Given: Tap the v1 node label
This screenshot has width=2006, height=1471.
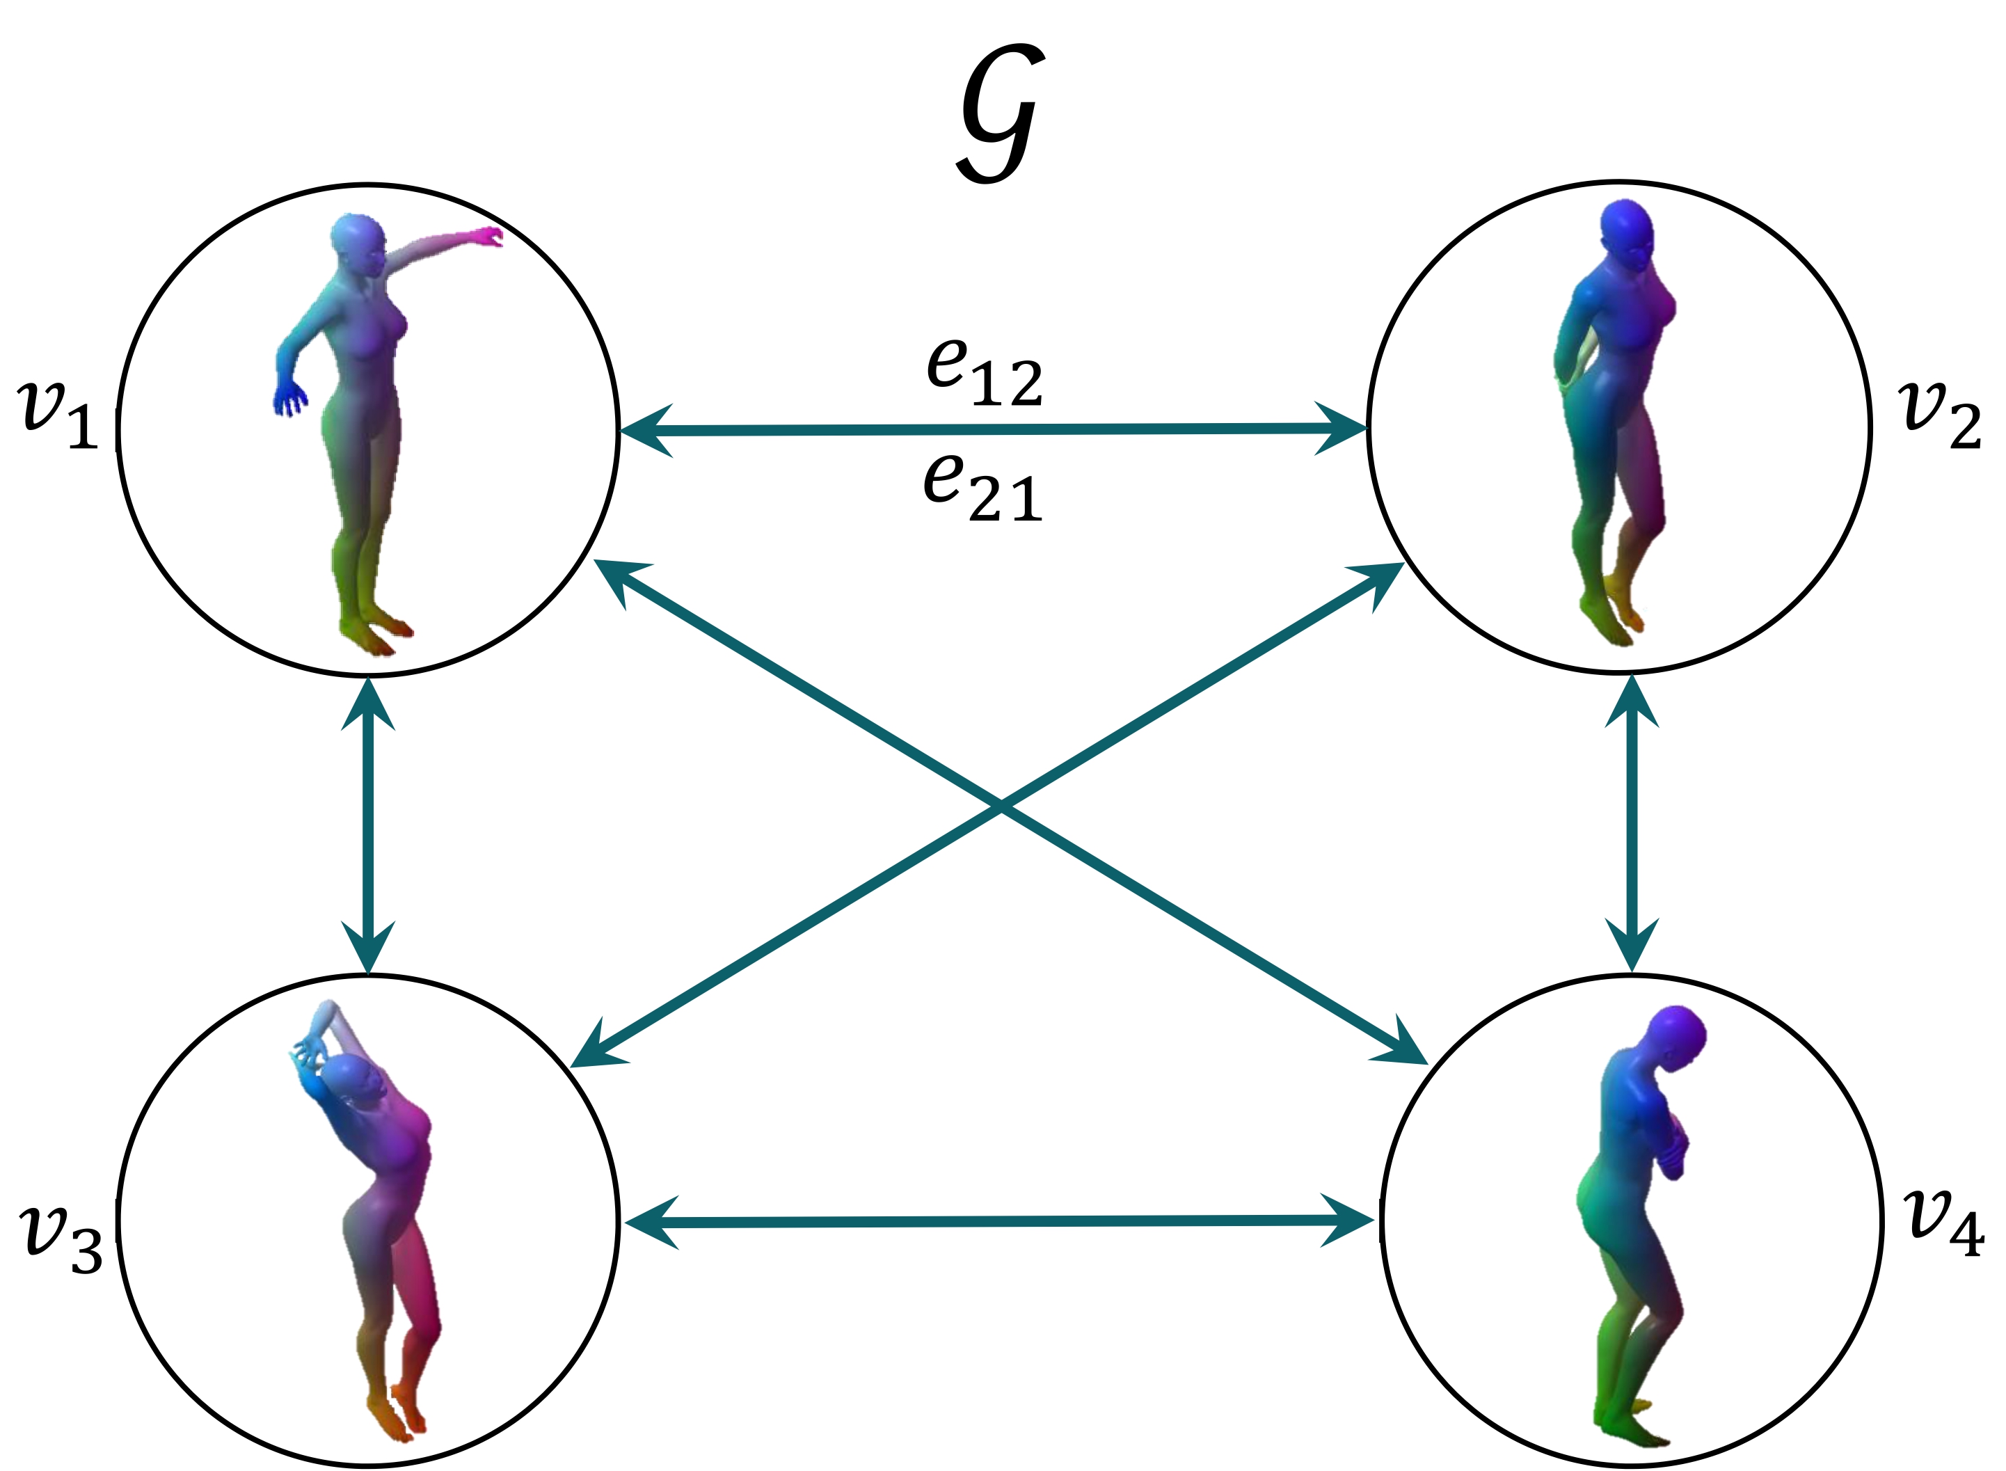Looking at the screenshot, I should pos(57,414).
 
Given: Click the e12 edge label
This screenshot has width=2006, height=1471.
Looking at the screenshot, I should pos(984,372).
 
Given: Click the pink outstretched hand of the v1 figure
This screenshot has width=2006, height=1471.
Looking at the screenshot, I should pos(488,236).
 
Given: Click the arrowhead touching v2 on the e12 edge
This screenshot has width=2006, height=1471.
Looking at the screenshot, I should pos(1344,429).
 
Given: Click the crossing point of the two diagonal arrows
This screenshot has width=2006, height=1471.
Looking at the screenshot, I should pos(1001,809).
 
